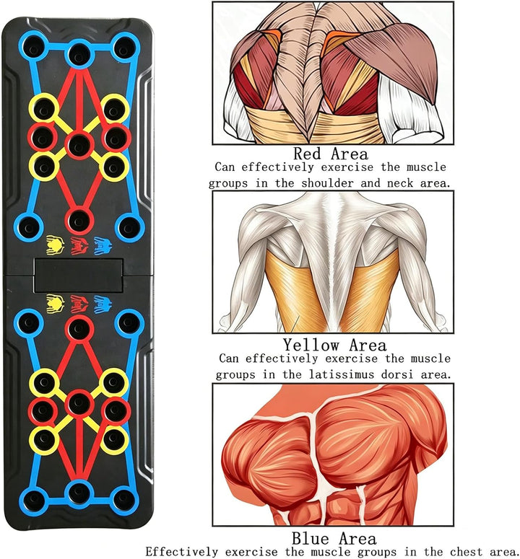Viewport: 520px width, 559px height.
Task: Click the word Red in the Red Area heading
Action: [308, 154]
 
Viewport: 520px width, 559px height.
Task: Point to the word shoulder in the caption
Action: [328, 183]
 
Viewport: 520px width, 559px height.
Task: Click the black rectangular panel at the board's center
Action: [79, 276]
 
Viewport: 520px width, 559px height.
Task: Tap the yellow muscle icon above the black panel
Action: [56, 245]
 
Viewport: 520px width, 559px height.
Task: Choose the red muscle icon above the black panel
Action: [79, 245]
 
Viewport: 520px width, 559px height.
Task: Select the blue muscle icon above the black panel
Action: [103, 246]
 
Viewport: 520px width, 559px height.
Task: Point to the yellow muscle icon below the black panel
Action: [56, 304]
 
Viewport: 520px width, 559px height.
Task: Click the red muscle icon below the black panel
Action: [79, 304]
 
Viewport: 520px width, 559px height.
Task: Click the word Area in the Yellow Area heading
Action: [368, 345]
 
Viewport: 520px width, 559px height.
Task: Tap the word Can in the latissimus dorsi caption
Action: [229, 358]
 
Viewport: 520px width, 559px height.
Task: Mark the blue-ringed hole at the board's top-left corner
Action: [33, 48]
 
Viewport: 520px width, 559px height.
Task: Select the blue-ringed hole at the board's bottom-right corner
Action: [123, 500]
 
